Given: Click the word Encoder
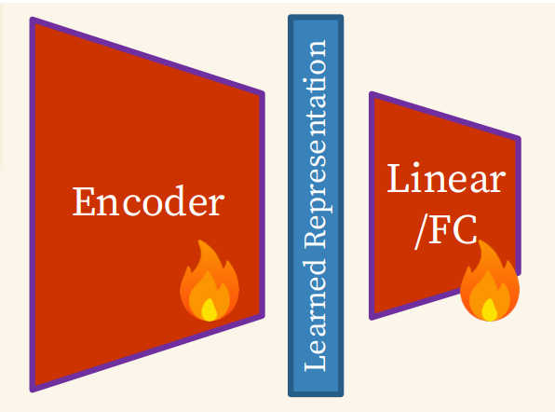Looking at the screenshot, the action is [148, 200].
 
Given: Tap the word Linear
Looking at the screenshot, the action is [446, 178].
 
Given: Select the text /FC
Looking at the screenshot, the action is [446, 230].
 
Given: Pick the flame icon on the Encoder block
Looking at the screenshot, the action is [210, 281].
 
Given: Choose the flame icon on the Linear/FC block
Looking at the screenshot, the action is [490, 281].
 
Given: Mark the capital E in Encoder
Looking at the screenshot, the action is [84, 201].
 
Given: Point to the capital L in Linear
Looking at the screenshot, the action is [398, 178].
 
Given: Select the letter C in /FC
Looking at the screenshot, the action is [465, 230].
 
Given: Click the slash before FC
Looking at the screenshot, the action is [421, 232].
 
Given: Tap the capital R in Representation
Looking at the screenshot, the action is [315, 238].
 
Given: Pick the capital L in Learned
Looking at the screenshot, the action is [315, 362].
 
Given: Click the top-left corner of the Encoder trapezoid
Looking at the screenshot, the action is [32, 19].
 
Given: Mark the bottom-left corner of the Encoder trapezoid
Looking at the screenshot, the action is [32, 390].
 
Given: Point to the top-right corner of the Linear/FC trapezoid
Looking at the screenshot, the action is [519, 138].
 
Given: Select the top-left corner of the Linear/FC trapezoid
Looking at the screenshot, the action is [372, 94].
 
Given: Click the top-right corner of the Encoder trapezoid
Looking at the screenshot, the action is [263, 93].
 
